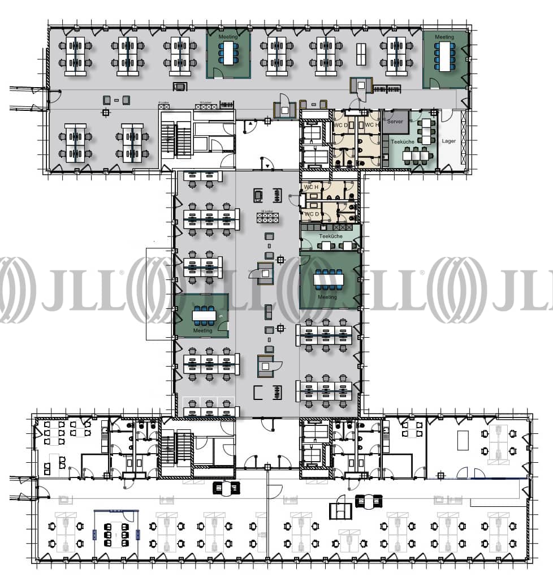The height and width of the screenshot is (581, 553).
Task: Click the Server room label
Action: (395, 121)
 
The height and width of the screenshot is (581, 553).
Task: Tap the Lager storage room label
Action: (448, 141)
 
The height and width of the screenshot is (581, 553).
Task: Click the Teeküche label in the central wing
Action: (330, 236)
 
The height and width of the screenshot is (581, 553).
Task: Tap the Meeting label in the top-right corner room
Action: (444, 37)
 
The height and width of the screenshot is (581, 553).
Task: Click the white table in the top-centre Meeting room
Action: (228, 53)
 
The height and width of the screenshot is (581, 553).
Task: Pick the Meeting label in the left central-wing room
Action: (202, 330)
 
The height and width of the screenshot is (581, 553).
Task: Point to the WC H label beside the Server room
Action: (371, 125)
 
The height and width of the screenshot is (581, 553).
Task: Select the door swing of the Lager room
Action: (446, 115)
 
